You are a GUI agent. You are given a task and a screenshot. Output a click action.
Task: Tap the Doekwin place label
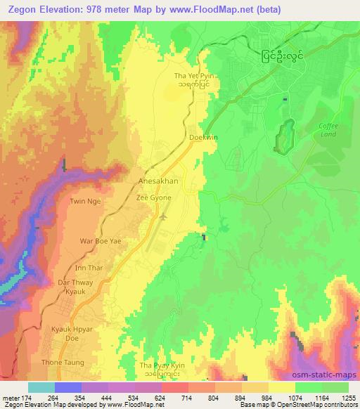(203, 138)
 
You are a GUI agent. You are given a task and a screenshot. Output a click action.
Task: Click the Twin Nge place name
(84, 201)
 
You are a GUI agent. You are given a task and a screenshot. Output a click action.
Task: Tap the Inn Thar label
(89, 267)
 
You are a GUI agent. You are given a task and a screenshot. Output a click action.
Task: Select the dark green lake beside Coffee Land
(284, 136)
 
